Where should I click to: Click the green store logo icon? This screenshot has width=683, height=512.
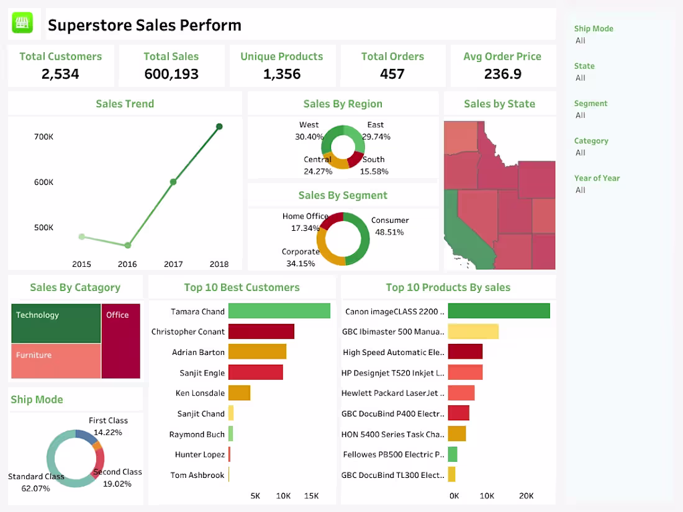point(23,24)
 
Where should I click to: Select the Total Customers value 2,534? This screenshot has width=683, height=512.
point(60,74)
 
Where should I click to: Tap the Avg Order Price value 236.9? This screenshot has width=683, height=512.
point(502,74)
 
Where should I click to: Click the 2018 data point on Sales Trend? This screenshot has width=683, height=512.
point(219,127)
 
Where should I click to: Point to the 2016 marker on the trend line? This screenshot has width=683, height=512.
point(127,246)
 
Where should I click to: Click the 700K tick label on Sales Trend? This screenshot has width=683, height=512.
point(43,137)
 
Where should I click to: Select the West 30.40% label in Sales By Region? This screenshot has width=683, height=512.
point(309,131)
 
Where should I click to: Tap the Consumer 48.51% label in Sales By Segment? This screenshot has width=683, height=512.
point(390,227)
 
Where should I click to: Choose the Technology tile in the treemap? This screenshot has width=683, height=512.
point(56,323)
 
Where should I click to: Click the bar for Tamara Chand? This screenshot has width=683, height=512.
point(279,311)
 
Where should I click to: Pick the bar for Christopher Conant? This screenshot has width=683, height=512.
point(261,331)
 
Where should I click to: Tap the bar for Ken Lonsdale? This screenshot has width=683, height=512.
point(239,393)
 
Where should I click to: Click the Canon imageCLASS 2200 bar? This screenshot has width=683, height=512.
point(499,311)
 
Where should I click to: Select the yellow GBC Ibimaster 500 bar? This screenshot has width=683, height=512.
point(473,331)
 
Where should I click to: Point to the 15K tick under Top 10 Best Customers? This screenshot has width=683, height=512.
point(311,496)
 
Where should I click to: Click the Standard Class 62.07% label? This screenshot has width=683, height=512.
point(36,483)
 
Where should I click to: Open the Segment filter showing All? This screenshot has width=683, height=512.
point(581,115)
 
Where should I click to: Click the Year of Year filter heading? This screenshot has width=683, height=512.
point(597,178)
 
